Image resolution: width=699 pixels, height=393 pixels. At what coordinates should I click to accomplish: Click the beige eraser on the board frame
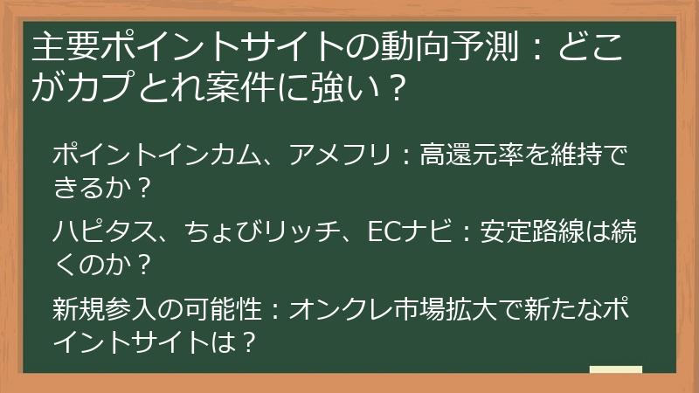(615, 369)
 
